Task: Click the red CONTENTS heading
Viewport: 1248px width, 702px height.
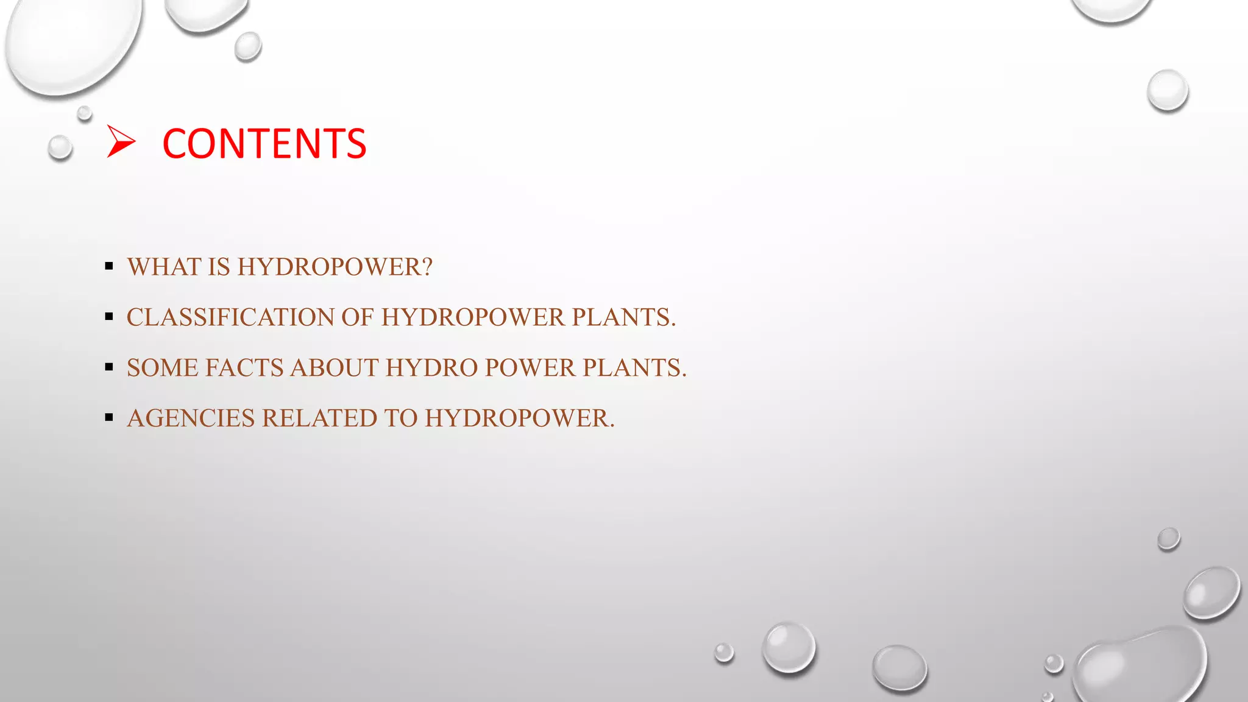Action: click(x=264, y=144)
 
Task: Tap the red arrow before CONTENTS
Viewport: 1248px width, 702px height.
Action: click(x=121, y=141)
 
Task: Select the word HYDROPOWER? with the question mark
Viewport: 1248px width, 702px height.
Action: click(x=335, y=267)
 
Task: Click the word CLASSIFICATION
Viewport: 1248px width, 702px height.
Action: click(x=230, y=317)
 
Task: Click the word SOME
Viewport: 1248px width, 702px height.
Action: click(x=162, y=368)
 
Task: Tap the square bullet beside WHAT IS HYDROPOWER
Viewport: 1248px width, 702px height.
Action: click(x=109, y=266)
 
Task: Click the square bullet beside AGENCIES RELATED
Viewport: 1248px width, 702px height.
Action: click(x=109, y=417)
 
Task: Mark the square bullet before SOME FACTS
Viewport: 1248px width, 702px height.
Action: click(x=109, y=367)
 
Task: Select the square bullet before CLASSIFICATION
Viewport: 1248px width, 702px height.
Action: click(x=109, y=316)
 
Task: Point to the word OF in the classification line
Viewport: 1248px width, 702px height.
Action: click(x=357, y=317)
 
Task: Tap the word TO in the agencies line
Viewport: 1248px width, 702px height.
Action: click(x=401, y=419)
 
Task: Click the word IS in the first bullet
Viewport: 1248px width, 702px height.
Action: click(x=219, y=267)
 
